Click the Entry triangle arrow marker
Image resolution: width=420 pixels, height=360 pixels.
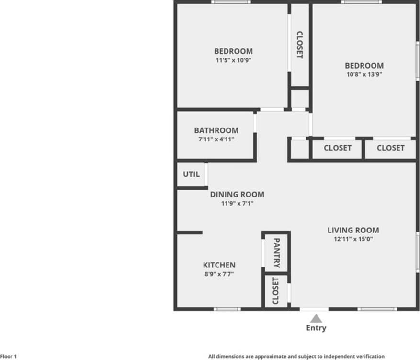tap(316, 318)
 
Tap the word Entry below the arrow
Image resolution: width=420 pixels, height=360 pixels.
tap(316, 328)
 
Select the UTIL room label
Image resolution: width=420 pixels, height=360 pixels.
tap(191, 174)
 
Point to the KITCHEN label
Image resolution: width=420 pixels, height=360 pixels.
tap(219, 265)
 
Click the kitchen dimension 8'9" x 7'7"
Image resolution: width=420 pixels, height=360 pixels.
tap(219, 274)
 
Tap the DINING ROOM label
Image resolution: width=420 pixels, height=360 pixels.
tap(237, 195)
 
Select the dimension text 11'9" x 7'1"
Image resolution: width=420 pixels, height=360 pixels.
tap(237, 203)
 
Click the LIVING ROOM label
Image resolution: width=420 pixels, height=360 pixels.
tap(353, 230)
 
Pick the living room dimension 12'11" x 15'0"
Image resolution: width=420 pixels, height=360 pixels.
tap(353, 239)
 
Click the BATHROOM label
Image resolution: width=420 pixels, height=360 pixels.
tap(216, 130)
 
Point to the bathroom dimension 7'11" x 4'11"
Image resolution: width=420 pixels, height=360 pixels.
tap(216, 139)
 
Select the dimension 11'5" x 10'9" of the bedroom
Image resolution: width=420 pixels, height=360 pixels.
tap(233, 60)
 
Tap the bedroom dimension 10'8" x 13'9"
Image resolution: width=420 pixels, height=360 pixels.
tap(364, 74)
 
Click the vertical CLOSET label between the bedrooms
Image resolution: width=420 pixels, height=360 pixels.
tap(300, 45)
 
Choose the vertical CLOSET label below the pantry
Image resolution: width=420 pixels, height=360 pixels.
tap(275, 290)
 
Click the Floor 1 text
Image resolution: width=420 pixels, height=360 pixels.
tap(9, 356)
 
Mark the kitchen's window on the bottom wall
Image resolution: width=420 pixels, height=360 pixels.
tap(227, 309)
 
